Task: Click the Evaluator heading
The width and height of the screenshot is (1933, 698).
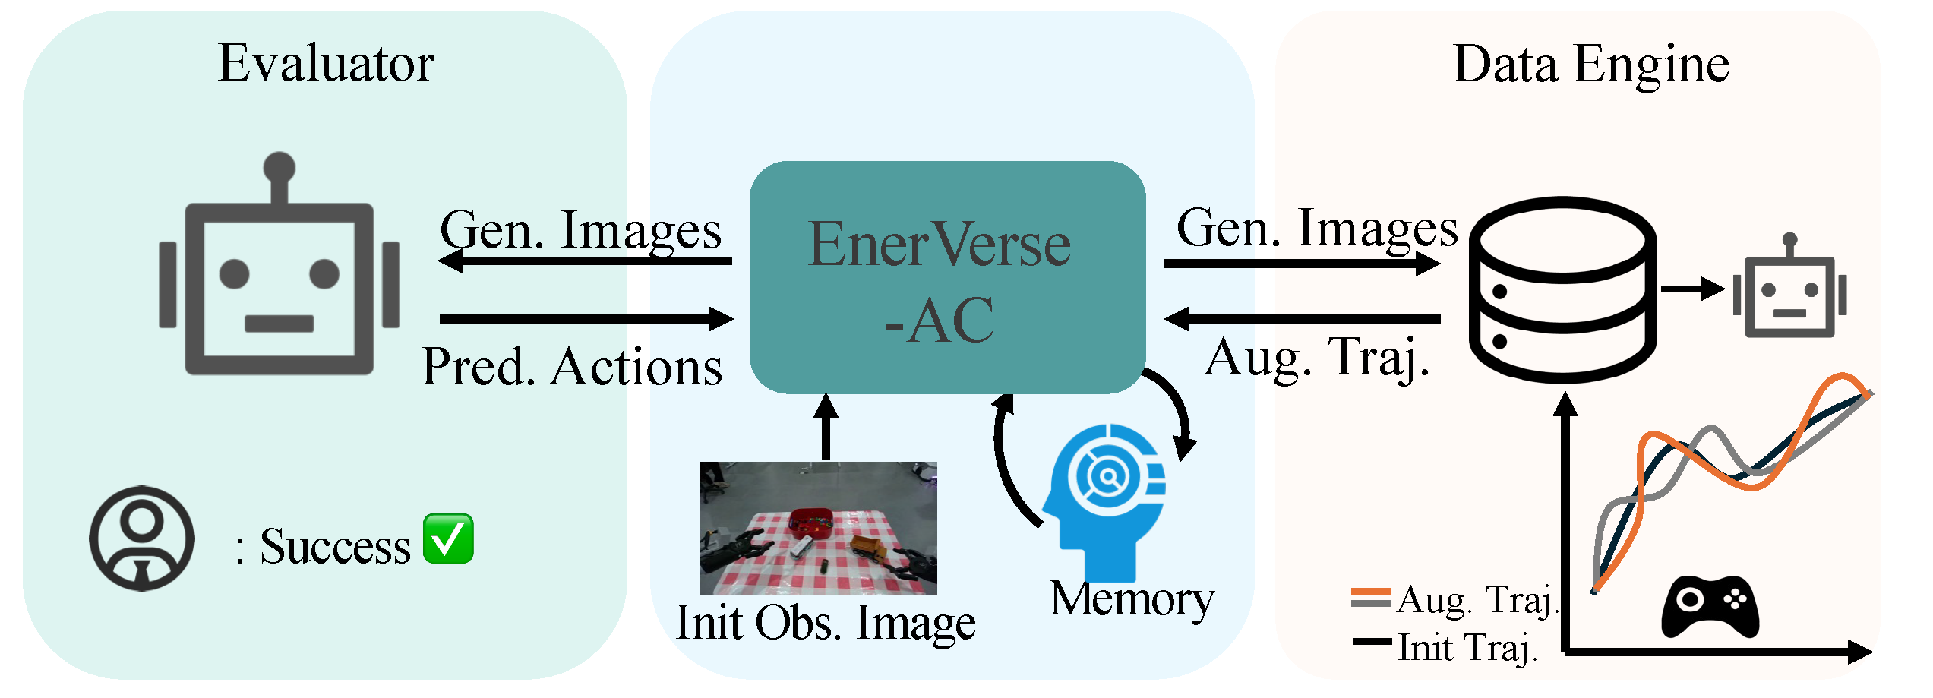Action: coord(326,64)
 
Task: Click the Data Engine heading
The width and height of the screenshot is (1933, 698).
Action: coord(1590,65)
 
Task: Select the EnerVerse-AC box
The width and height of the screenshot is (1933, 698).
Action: coord(946,277)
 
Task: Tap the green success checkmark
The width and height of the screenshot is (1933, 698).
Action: coord(448,539)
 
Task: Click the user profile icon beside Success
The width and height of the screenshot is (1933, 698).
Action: coord(142,539)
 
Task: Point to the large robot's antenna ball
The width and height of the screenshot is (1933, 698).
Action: coord(280,166)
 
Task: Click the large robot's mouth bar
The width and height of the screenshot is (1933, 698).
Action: coord(279,324)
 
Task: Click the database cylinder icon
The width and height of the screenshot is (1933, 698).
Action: coord(1562,289)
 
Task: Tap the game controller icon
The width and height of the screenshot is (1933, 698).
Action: coord(1710,606)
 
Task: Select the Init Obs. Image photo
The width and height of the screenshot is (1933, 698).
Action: coord(818,528)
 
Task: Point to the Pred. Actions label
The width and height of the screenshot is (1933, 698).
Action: coord(572,368)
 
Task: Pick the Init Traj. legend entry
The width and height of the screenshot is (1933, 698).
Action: coord(1467,648)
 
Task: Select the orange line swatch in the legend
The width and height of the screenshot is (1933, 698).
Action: coord(1370,592)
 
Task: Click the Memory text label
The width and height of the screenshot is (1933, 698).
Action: coord(1132,600)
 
